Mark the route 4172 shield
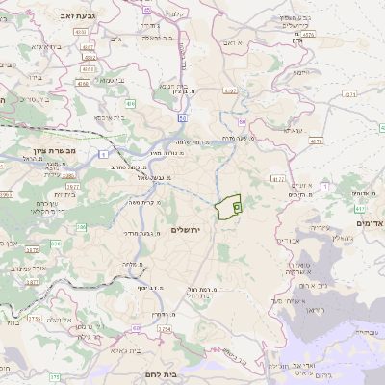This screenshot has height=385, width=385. coord(278,178)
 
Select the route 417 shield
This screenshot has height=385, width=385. coord(359,207)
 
